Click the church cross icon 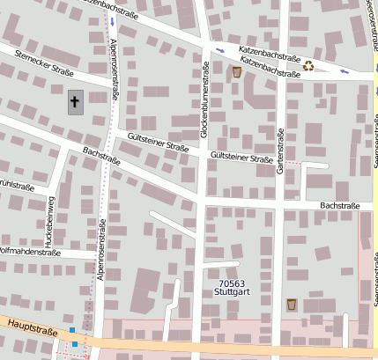[75, 103]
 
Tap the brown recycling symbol [308, 64]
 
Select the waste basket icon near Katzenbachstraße [236, 71]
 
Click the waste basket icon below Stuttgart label [292, 304]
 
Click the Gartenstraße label [280, 151]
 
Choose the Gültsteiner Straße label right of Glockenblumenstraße [241, 158]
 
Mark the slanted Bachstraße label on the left [100, 156]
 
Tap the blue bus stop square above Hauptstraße [72, 329]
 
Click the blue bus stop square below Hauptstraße [75, 343]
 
